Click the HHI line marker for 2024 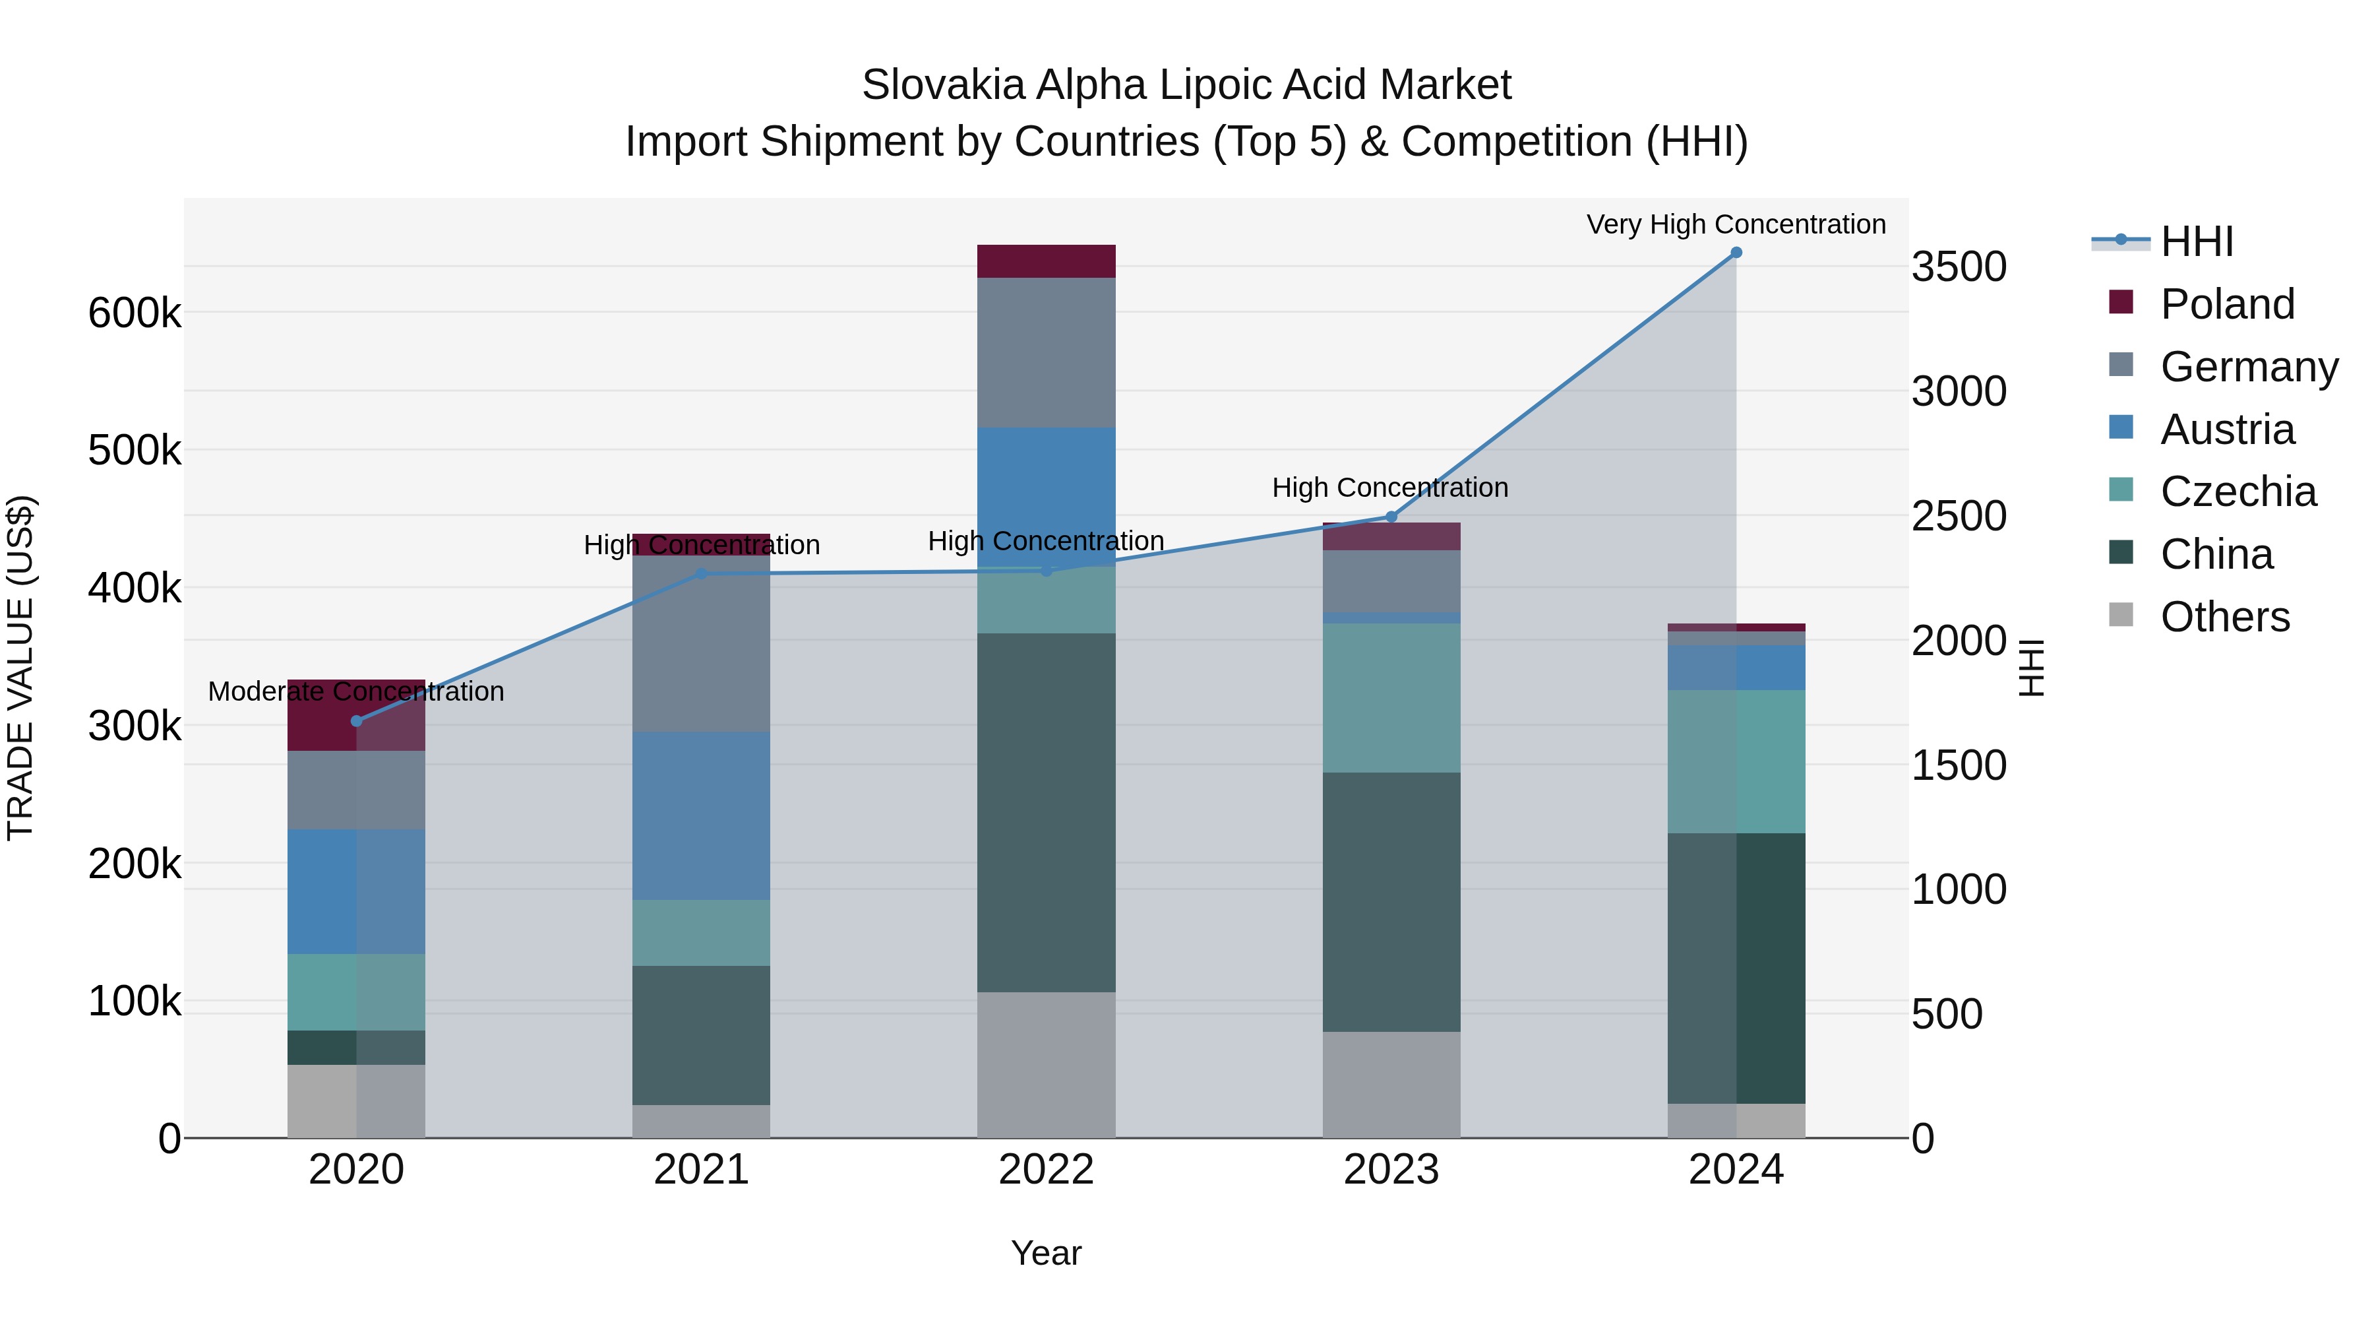pyautogui.click(x=1736, y=253)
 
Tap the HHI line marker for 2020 pyautogui.click(x=357, y=721)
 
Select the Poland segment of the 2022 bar pyautogui.click(x=1046, y=261)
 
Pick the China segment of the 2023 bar pyautogui.click(x=1391, y=902)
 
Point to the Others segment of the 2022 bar pyautogui.click(x=1046, y=1065)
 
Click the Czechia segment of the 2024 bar pyautogui.click(x=1736, y=761)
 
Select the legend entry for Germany pyautogui.click(x=2249, y=367)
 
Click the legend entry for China pyautogui.click(x=2216, y=555)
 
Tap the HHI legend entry pyautogui.click(x=2196, y=241)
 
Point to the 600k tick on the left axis pyautogui.click(x=135, y=313)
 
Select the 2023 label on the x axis pyautogui.click(x=1391, y=1170)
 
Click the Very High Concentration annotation pyautogui.click(x=1736, y=225)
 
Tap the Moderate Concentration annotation pyautogui.click(x=357, y=691)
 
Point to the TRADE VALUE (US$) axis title pyautogui.click(x=21, y=668)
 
